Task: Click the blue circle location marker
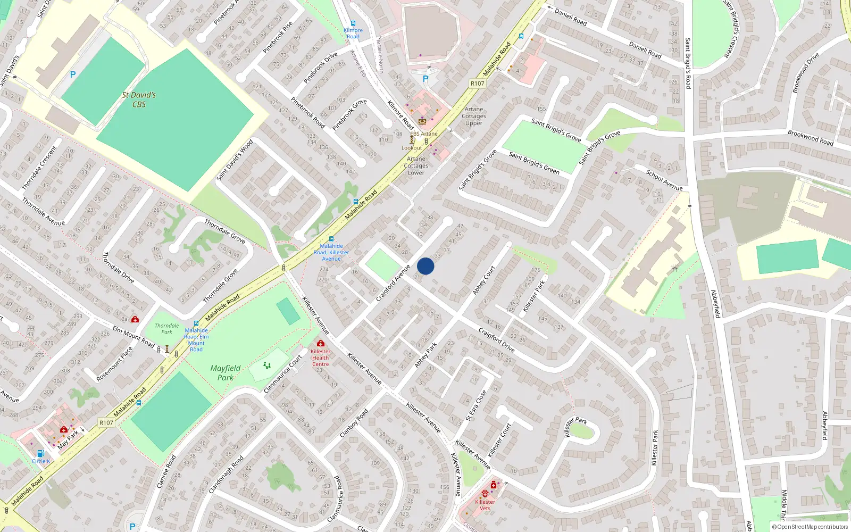425,266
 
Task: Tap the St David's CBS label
139,99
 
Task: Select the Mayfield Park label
226,372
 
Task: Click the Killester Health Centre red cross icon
320,343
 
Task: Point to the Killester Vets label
485,505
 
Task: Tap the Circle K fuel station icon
40,454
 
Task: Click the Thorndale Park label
166,329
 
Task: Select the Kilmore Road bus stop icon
353,23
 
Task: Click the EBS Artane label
424,134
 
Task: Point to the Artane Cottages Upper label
474,116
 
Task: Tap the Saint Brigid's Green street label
534,163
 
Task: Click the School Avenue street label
664,180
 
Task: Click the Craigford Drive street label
496,340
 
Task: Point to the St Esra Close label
476,405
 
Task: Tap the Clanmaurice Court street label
283,374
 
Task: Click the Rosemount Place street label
114,364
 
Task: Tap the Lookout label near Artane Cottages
412,148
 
